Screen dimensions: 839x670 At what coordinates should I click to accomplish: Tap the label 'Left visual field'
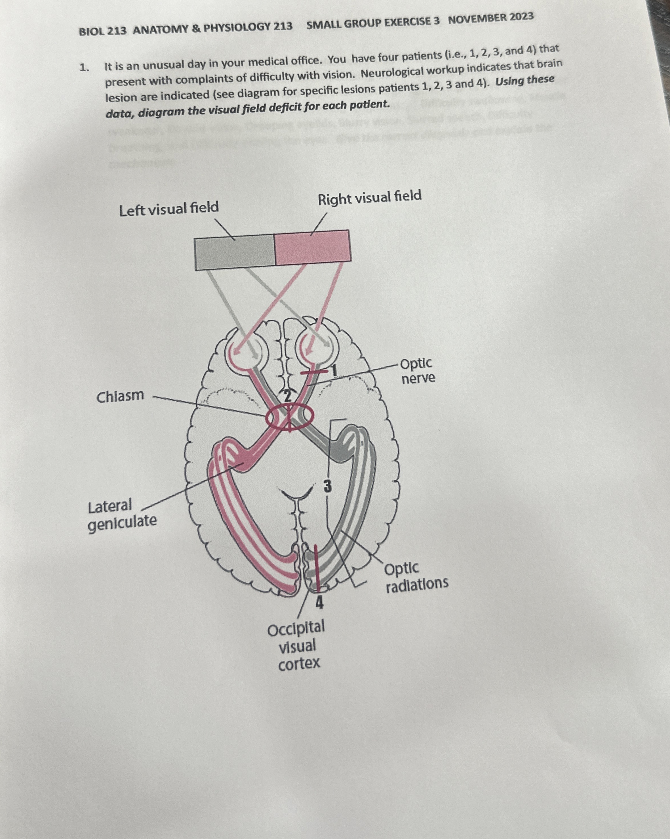169,209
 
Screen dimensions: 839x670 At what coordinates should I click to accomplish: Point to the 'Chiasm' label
120,396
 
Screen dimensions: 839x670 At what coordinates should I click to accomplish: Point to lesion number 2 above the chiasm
287,396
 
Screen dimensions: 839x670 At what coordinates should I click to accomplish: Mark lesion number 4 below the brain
319,603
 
